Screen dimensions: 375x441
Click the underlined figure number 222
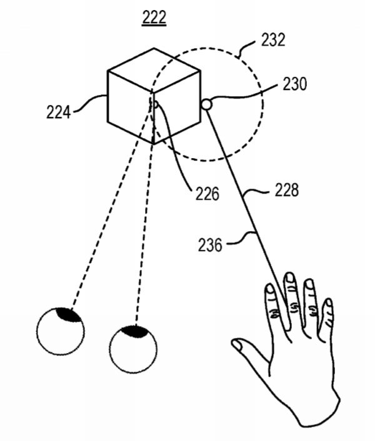click(154, 17)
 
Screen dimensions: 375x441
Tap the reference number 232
click(273, 39)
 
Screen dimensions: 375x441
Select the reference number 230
click(294, 84)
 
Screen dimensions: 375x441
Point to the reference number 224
click(58, 112)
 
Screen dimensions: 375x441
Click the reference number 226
click(207, 194)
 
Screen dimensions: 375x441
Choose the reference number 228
click(287, 190)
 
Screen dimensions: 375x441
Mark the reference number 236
click(210, 245)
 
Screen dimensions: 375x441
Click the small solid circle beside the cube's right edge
click(206, 104)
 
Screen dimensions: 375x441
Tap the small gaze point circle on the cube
click(154, 104)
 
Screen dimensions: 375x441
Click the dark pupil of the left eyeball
click(69, 314)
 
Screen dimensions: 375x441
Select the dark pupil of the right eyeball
click(134, 331)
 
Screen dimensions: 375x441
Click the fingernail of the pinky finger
click(328, 303)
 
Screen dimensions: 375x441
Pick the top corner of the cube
click(154, 48)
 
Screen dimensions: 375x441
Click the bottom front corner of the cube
click(154, 144)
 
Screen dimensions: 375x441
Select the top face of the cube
click(154, 71)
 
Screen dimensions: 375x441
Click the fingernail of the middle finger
click(289, 277)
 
